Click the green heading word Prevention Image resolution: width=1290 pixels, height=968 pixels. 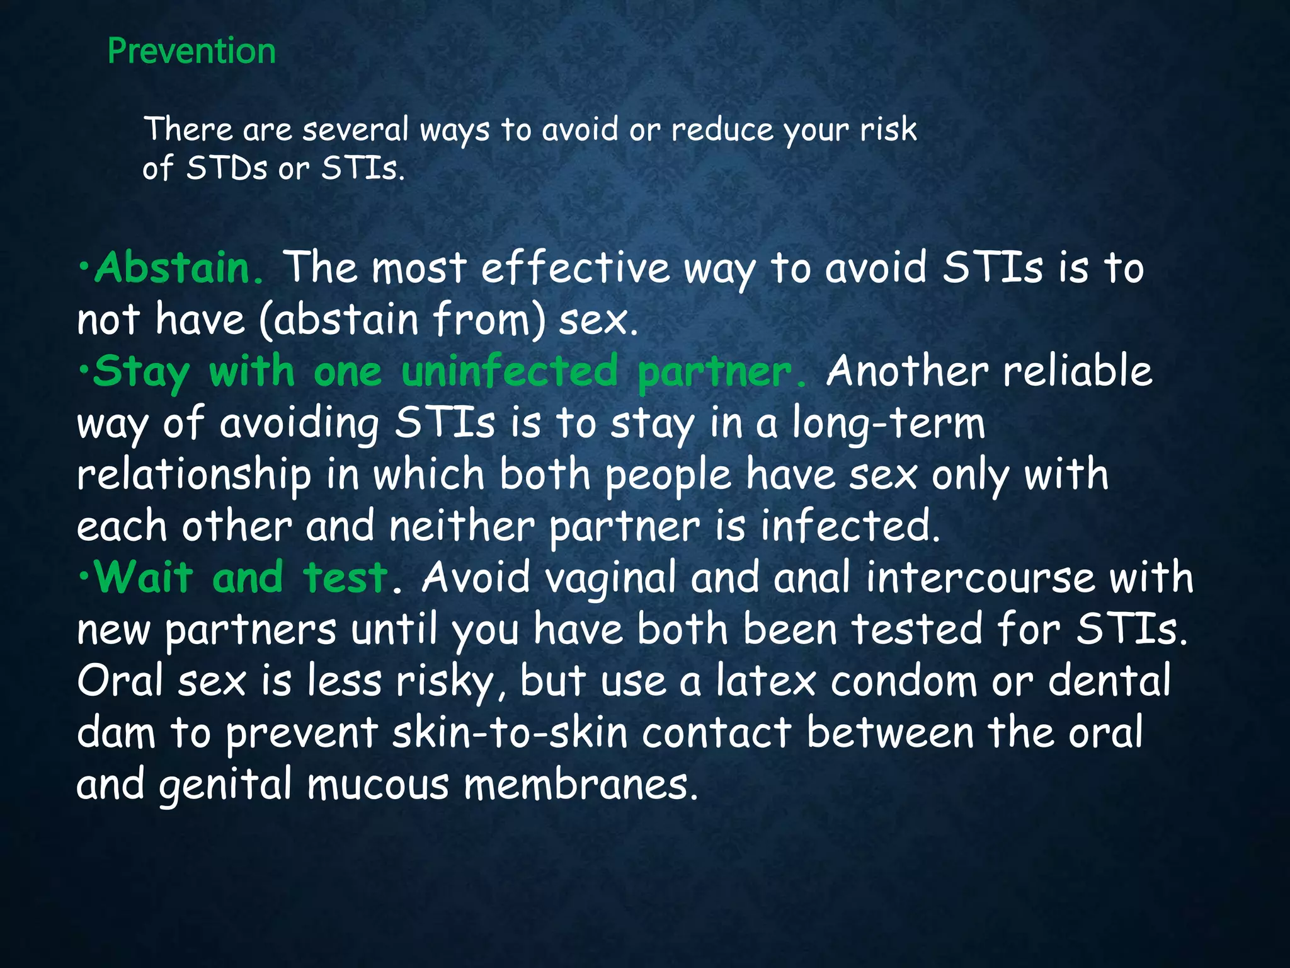(x=191, y=51)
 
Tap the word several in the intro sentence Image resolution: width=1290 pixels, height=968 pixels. (x=355, y=130)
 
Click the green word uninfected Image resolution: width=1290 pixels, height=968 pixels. (x=510, y=371)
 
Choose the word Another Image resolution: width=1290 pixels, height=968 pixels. (x=906, y=371)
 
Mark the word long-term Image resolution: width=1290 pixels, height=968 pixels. (x=888, y=423)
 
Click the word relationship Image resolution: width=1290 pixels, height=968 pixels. (x=194, y=475)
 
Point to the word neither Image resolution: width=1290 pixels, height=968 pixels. (x=462, y=526)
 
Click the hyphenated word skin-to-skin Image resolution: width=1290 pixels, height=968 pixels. (x=510, y=733)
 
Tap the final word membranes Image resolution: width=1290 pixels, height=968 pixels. (x=581, y=785)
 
